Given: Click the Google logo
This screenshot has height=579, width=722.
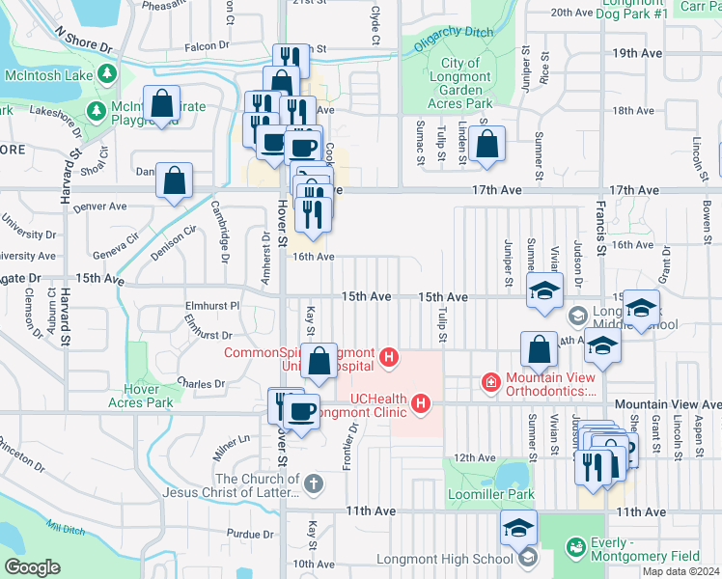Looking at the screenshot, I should pos(32,567).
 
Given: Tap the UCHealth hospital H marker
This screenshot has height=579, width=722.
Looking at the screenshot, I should pos(421,403).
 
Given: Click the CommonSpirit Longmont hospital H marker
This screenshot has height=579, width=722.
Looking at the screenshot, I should pos(389,359).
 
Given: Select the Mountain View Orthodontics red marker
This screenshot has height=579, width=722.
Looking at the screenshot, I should pos(490,383).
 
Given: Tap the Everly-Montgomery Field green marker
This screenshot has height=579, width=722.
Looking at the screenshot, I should pos(577,548).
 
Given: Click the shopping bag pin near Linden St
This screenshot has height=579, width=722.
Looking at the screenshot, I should pos(489,146).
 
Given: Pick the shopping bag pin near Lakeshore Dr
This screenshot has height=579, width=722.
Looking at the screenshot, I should pos(161,103).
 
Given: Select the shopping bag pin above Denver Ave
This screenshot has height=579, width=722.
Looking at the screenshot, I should pos(175,180).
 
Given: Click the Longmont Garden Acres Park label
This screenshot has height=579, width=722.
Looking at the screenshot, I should pos(460,83).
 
